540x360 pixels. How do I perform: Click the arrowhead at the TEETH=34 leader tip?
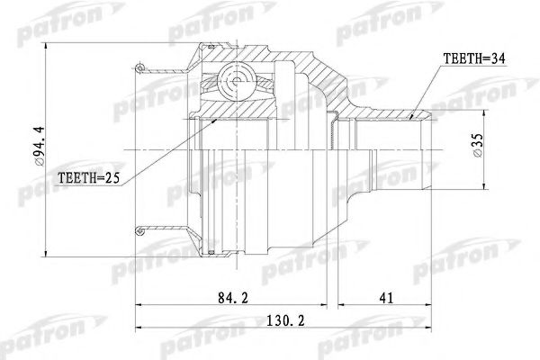[x=413, y=116]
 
